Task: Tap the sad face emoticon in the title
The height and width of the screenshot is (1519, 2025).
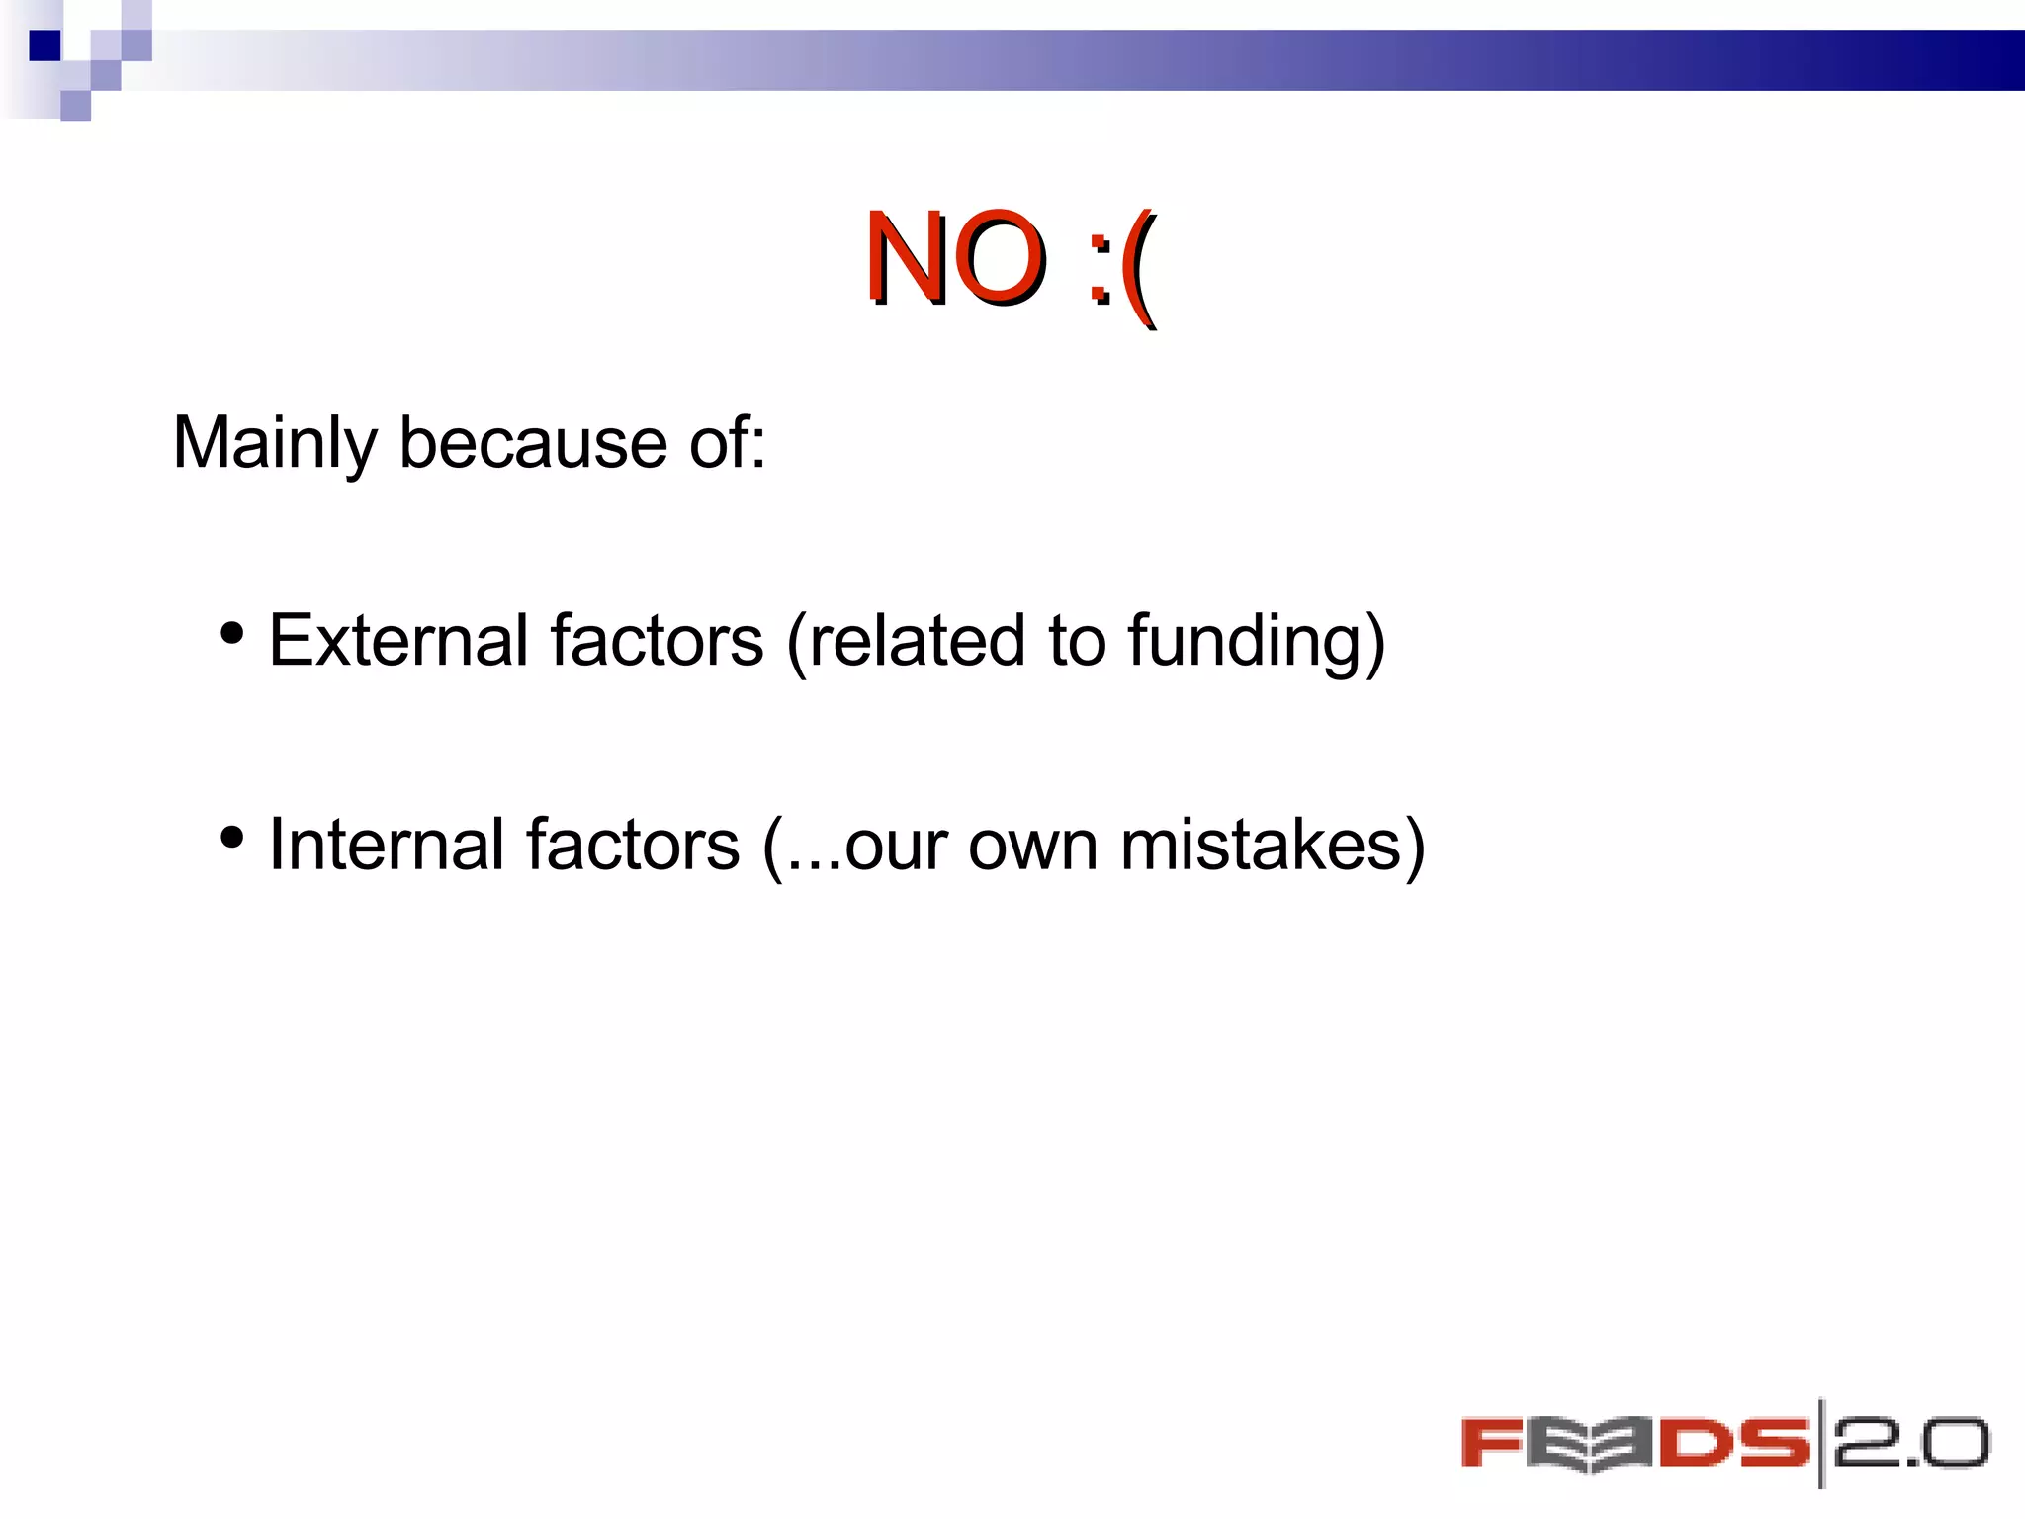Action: (x=1121, y=265)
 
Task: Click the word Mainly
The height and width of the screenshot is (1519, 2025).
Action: (x=274, y=444)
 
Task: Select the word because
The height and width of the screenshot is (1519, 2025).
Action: (x=533, y=442)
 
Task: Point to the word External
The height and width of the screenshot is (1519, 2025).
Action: (x=398, y=641)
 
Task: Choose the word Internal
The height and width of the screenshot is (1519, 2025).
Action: (x=387, y=846)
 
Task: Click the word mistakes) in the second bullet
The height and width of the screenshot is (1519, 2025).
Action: (x=1273, y=846)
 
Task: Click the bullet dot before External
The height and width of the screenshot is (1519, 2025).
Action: (x=231, y=634)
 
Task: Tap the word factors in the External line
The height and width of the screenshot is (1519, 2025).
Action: (x=657, y=641)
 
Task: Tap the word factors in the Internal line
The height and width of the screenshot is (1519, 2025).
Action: (x=633, y=846)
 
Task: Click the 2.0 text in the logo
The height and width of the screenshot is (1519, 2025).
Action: (x=1910, y=1445)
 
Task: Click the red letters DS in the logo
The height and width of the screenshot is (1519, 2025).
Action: (x=1732, y=1445)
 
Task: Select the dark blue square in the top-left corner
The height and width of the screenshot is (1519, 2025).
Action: (x=44, y=45)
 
